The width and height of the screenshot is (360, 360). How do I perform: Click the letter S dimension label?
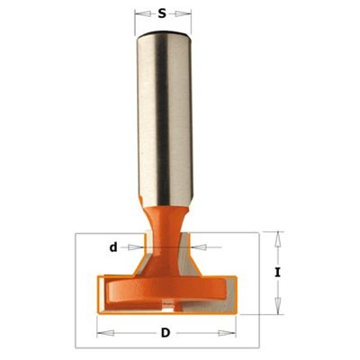(x=162, y=13)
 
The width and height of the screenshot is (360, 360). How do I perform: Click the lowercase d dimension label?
(x=113, y=247)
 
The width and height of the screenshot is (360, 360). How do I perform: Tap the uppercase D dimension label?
(x=166, y=333)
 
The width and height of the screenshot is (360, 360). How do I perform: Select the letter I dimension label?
(x=278, y=273)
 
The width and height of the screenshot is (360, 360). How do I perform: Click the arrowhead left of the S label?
(x=143, y=13)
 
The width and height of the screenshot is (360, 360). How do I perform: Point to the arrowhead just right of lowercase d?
(x=136, y=247)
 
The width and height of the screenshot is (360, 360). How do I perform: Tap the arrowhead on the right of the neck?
(x=199, y=247)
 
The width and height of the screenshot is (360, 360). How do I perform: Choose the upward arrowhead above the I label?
(x=279, y=239)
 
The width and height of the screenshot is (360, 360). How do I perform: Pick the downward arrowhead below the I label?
(x=279, y=307)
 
